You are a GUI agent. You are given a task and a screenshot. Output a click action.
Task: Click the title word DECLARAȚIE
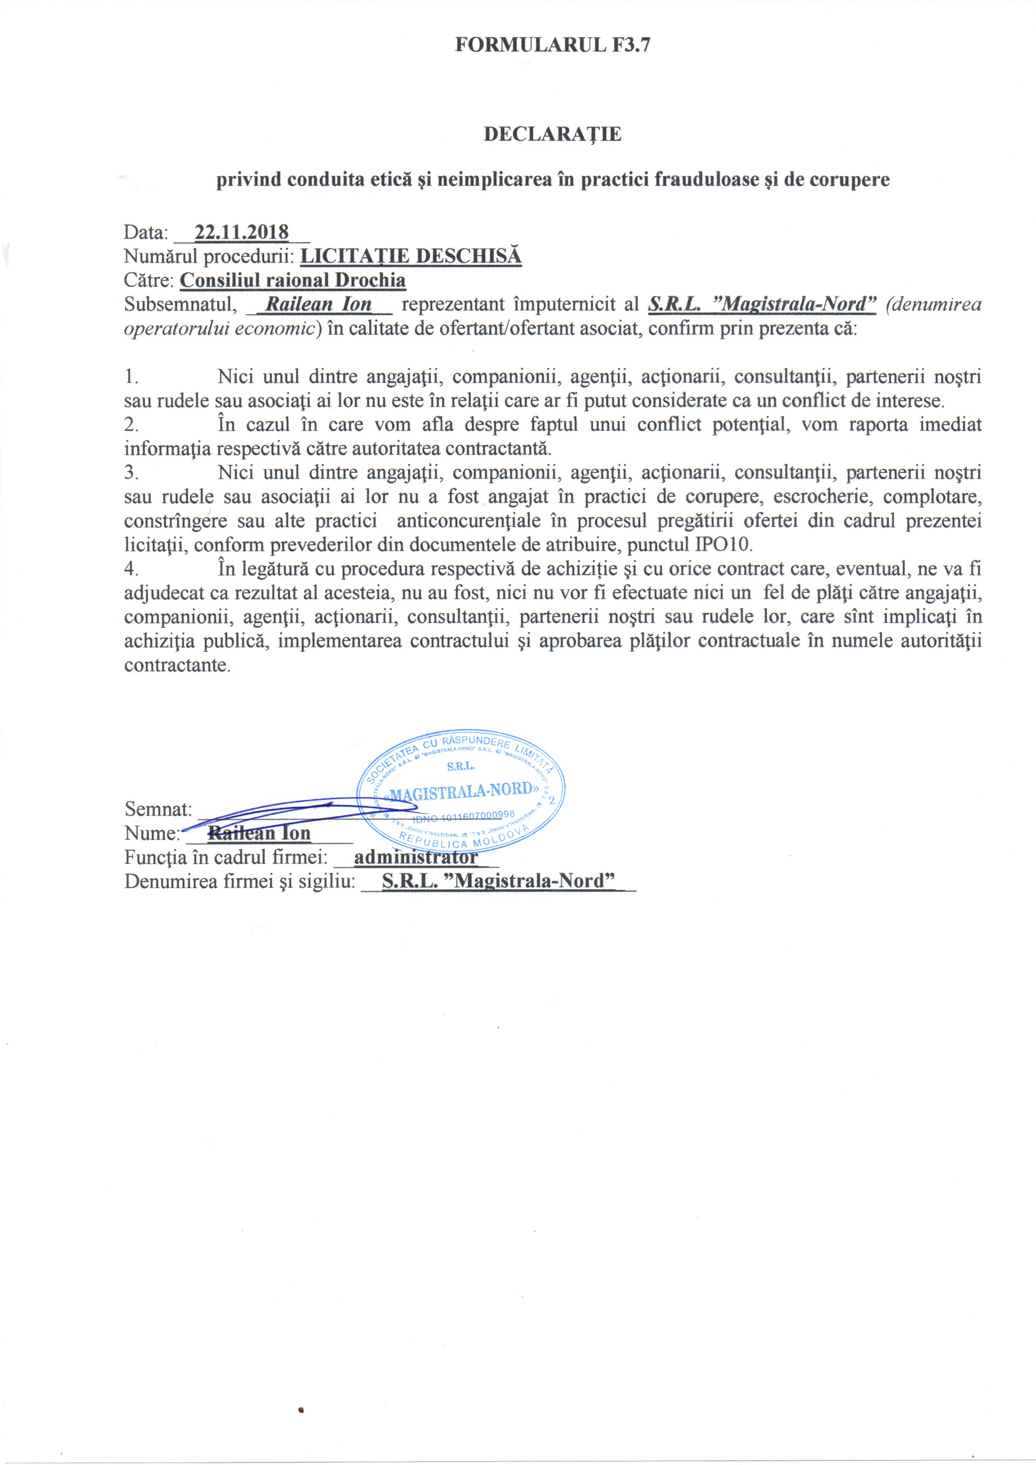[x=552, y=134]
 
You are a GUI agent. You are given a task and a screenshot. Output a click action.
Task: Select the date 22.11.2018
[x=241, y=232]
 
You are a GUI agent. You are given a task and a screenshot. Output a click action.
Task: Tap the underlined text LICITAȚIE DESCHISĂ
[x=411, y=256]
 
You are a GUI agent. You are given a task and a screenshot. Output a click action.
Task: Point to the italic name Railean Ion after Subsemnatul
[x=319, y=304]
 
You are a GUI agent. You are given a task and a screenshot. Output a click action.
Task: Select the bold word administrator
[x=415, y=858]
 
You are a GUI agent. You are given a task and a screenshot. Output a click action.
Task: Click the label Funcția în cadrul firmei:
[x=226, y=858]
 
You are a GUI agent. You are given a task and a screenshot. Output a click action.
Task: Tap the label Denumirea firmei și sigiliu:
[x=239, y=881]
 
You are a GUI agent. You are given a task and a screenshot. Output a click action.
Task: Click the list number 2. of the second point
[x=132, y=424]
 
